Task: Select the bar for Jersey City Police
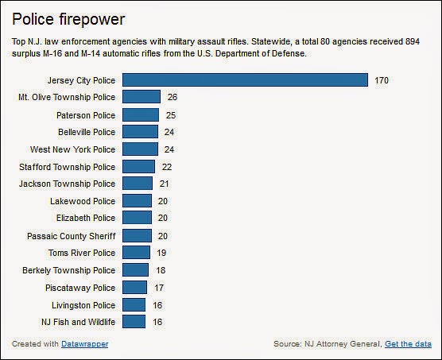[246, 79]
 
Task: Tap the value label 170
[383, 80]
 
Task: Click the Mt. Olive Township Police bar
[142, 97]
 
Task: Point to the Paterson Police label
[86, 114]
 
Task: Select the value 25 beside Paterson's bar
[171, 114]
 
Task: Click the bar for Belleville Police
[141, 131]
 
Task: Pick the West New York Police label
[72, 149]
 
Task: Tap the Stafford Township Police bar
[139, 166]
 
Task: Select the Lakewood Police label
[82, 201]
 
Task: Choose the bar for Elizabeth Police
[138, 218]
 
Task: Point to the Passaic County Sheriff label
[71, 235]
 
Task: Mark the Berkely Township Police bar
[136, 270]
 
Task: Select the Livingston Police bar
[134, 304]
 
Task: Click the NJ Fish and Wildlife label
[78, 322]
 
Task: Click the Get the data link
[408, 344]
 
